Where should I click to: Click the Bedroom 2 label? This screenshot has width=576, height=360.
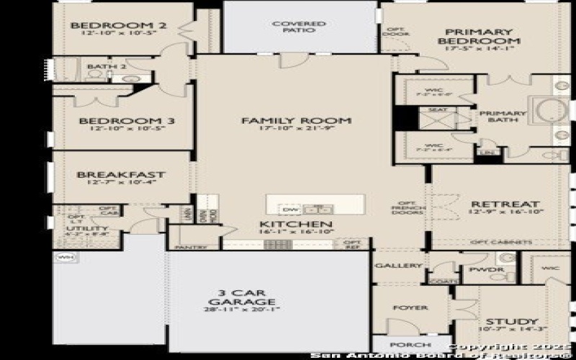pos(119,27)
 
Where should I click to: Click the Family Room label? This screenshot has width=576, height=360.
pos(296,120)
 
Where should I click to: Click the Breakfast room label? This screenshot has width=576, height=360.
pos(121,174)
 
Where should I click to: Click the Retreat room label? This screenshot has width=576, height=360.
pos(494,204)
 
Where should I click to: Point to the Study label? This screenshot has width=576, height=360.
pos(512,321)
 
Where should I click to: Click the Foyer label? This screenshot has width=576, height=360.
pos(410,307)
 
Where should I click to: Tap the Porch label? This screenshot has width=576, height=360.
pos(401,346)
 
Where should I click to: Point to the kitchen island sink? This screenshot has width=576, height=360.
pos(316,210)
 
